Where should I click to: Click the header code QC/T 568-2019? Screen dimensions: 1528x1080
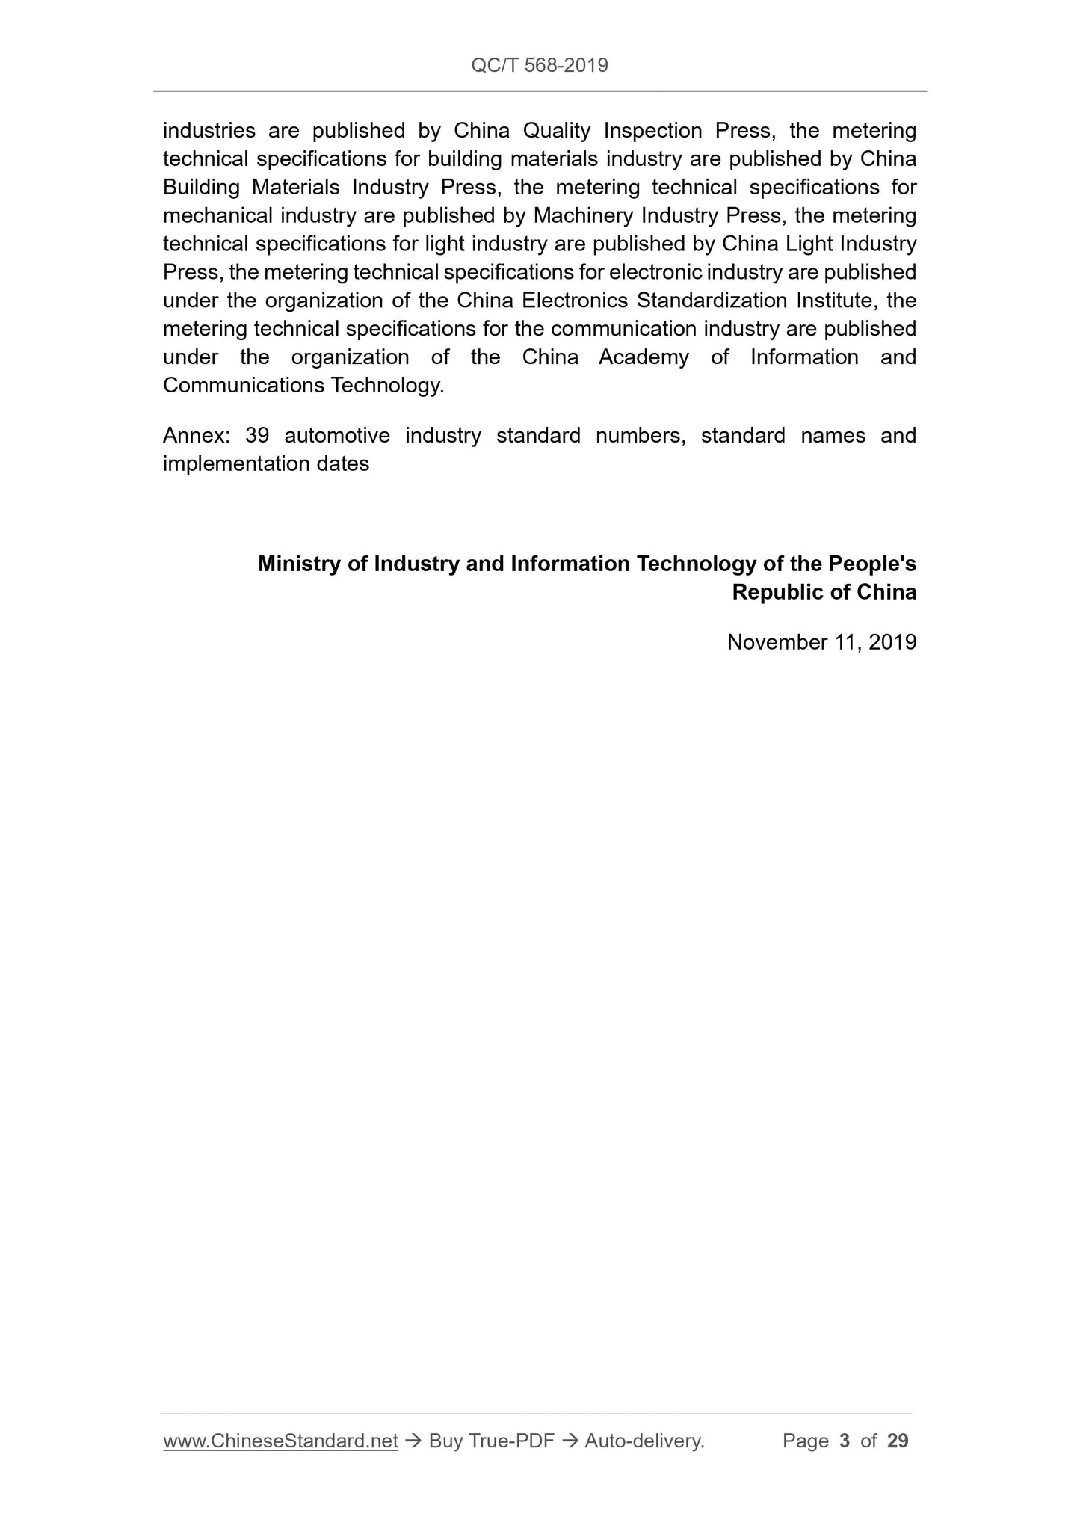pyautogui.click(x=540, y=66)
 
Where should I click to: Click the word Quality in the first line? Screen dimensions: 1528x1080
pyautogui.click(x=557, y=131)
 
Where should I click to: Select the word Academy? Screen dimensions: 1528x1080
pyautogui.click(x=644, y=357)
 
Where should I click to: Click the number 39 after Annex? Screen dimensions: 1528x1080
pyautogui.click(x=257, y=436)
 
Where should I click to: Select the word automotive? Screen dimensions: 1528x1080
pyautogui.click(x=337, y=436)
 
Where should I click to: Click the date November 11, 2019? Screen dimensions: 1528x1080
pyautogui.click(x=821, y=642)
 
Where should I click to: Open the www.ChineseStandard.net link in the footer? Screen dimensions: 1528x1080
pyautogui.click(x=280, y=1441)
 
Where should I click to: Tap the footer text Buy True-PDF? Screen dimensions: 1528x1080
pyautogui.click(x=491, y=1441)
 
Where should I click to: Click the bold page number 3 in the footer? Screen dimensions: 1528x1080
pyautogui.click(x=845, y=1441)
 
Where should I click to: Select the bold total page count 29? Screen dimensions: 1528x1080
pyautogui.click(x=898, y=1441)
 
